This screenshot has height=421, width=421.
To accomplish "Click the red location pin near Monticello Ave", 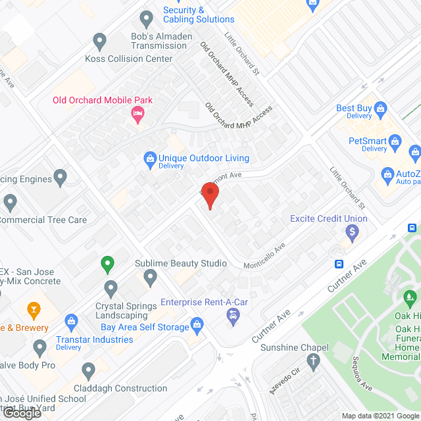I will pyautogui.click(x=210, y=195).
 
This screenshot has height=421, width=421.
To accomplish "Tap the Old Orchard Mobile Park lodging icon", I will pyautogui.click(x=137, y=115).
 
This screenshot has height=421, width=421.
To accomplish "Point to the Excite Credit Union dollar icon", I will pyautogui.click(x=352, y=232).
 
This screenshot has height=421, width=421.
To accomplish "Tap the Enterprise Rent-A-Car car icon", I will pyautogui.click(x=233, y=317).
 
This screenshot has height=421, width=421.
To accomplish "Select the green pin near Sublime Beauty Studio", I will pyautogui.click(x=108, y=265).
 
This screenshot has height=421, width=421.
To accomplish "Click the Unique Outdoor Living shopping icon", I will pyautogui.click(x=151, y=159).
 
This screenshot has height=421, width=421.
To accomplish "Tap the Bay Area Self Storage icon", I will pyautogui.click(x=197, y=324).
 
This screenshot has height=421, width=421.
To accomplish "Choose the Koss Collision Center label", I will pyautogui.click(x=128, y=59).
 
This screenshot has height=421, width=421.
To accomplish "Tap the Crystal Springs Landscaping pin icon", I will pyautogui.click(x=111, y=287).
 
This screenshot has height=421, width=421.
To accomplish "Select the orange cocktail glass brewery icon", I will pyautogui.click(x=32, y=309).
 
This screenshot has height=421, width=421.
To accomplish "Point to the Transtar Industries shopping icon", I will pyautogui.click(x=72, y=321).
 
